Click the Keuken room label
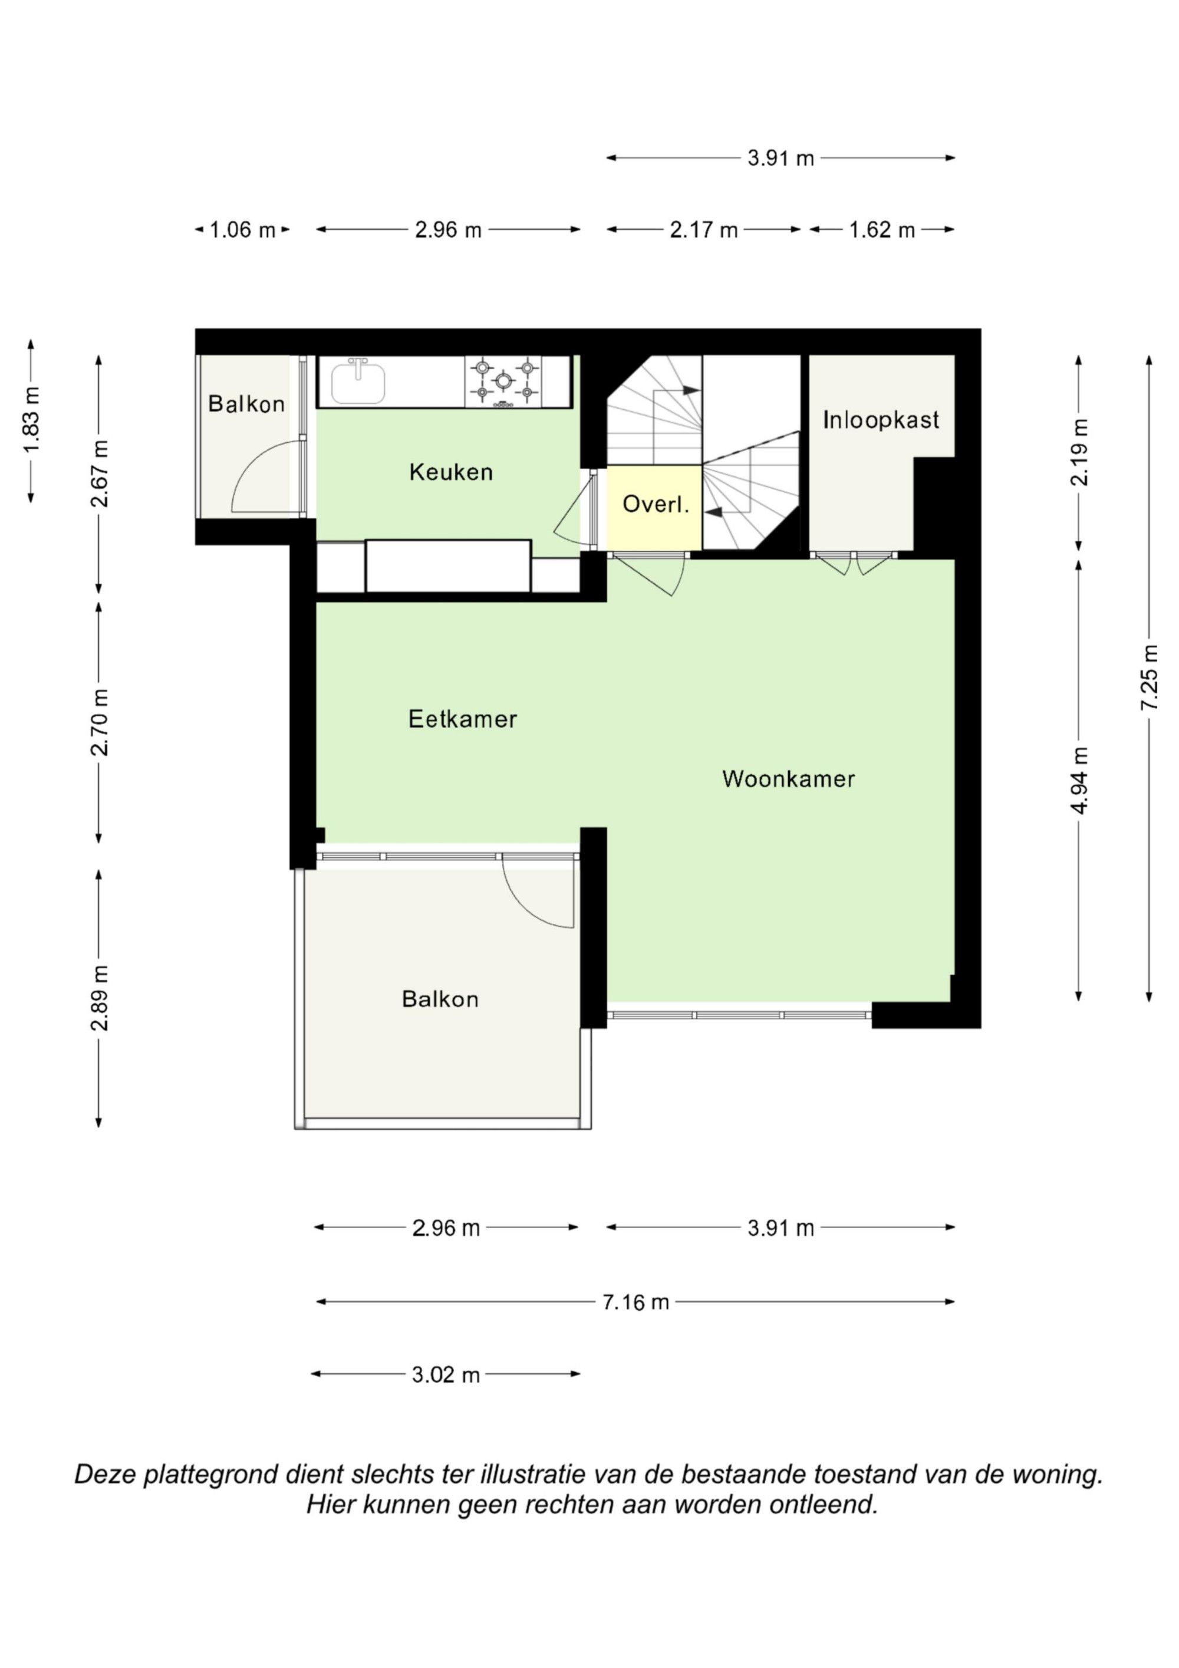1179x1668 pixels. (451, 472)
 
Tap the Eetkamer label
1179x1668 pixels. (463, 719)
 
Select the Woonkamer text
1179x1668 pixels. (789, 779)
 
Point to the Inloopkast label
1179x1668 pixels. (881, 419)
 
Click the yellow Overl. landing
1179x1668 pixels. (654, 508)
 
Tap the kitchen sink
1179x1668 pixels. (358, 381)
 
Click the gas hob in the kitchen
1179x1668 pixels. (503, 381)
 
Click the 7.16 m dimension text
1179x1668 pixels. (635, 1302)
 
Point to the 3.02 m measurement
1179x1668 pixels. (446, 1374)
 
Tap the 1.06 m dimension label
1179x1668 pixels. (243, 231)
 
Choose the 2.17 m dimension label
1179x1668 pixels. (704, 231)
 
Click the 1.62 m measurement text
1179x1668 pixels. (882, 231)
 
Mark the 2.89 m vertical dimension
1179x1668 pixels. (100, 998)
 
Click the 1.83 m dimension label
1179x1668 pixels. (31, 420)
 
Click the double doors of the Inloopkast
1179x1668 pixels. (854, 561)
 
